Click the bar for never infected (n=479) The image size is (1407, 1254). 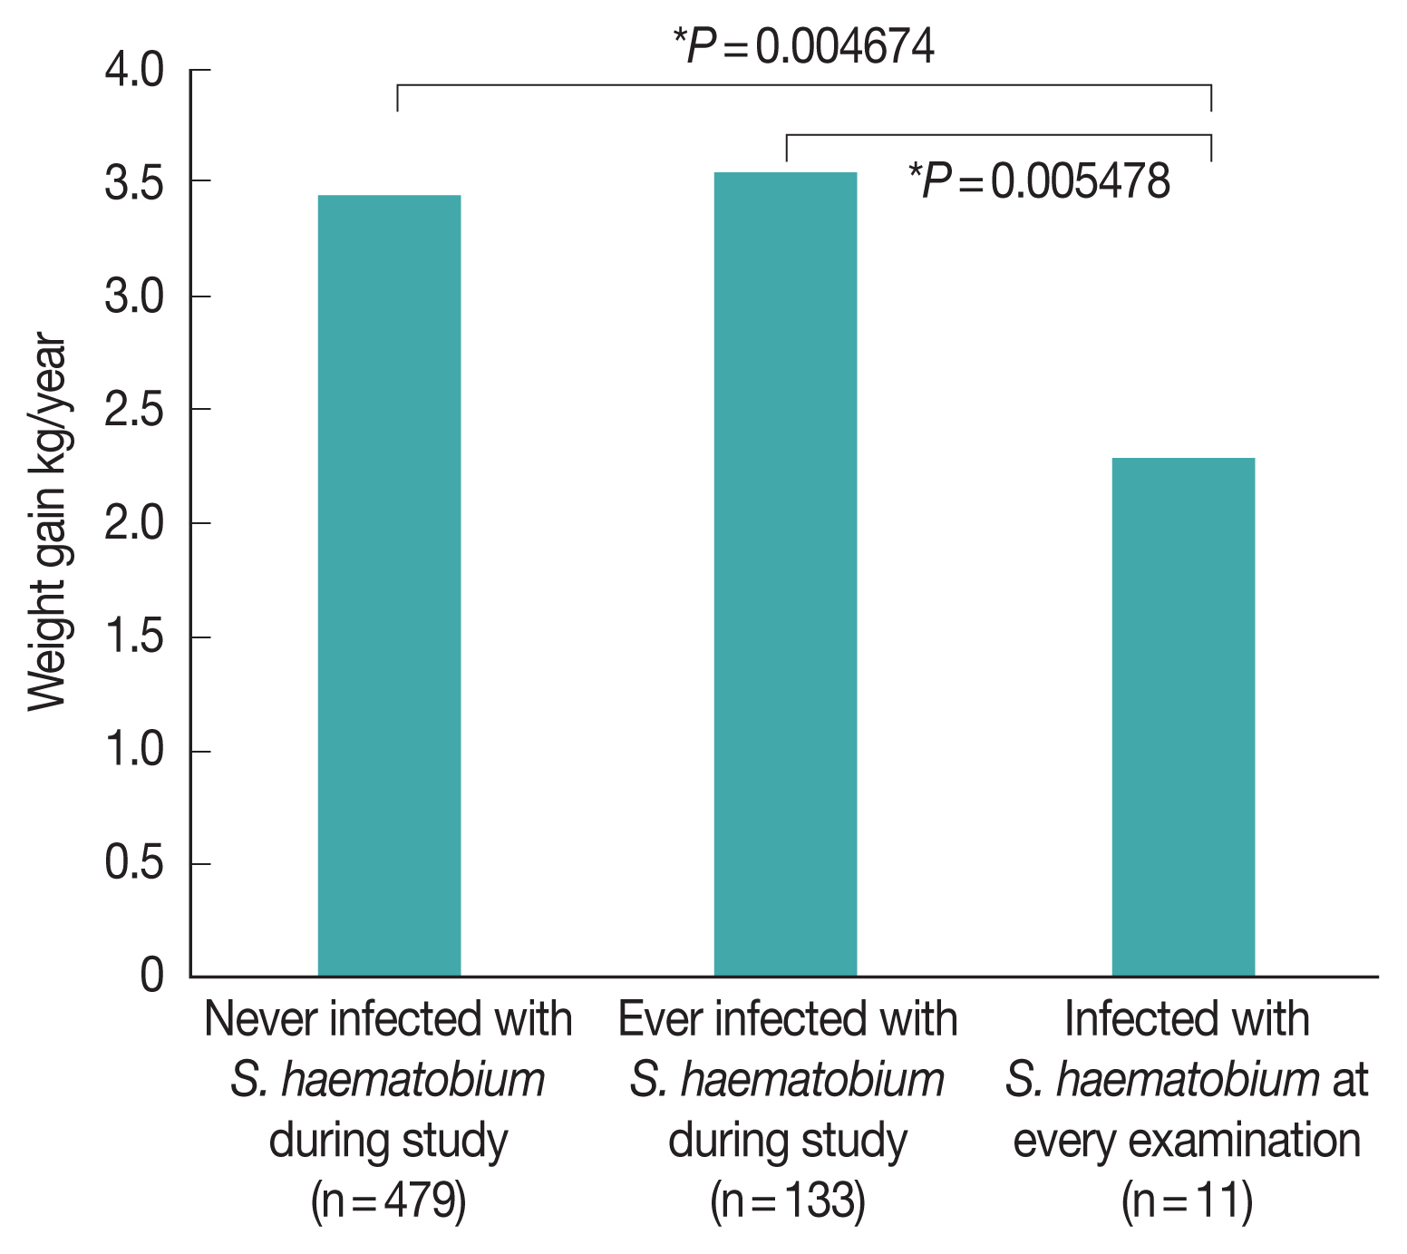(389, 586)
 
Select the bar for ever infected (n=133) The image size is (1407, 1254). (785, 574)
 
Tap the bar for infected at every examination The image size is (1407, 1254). (1183, 717)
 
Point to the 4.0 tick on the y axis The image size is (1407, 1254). (134, 71)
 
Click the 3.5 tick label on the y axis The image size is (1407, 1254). (134, 183)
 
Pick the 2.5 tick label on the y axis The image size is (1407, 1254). (134, 411)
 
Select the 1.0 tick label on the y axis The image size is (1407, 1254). (134, 751)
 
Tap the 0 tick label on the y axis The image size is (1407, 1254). (151, 976)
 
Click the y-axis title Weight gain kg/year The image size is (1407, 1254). (47, 525)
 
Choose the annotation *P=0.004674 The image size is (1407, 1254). (803, 46)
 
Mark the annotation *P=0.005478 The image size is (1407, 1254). (1039, 180)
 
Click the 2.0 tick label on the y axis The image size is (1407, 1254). (134, 524)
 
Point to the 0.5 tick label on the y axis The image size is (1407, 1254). (134, 864)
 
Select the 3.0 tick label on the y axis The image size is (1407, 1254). (134, 297)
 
